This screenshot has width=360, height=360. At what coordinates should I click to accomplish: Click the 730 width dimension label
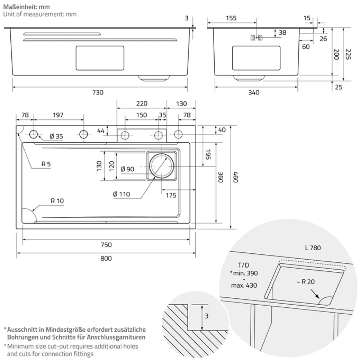click(98, 93)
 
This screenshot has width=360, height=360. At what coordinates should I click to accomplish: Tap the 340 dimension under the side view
click(254, 93)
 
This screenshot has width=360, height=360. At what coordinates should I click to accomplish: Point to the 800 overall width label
click(106, 258)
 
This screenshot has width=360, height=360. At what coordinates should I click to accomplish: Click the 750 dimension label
click(106, 245)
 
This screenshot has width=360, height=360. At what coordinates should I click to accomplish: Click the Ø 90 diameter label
click(127, 169)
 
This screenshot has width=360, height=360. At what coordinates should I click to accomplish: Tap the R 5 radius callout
click(46, 164)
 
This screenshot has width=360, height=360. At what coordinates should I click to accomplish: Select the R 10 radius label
click(57, 201)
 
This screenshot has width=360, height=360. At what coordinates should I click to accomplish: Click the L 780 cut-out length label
click(312, 248)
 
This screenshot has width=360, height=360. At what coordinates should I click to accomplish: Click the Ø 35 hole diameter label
click(56, 136)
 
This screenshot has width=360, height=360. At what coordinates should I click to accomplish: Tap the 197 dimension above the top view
click(58, 115)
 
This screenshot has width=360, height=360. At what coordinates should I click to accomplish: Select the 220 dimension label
click(141, 103)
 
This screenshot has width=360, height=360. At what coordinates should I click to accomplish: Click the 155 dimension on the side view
click(231, 18)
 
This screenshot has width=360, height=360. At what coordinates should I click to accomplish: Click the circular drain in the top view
click(161, 165)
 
